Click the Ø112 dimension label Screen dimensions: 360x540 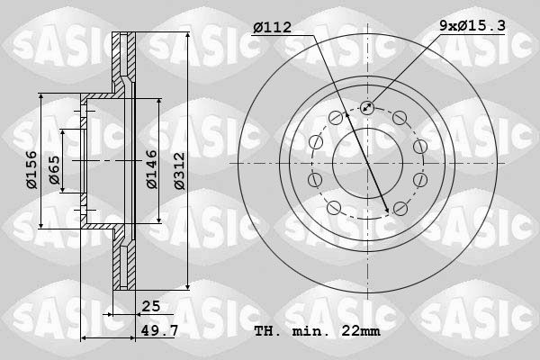click(x=272, y=28)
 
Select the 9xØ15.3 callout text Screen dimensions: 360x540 click(x=472, y=28)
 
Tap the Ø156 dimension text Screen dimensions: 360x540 click(x=30, y=168)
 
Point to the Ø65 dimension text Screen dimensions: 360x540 click(x=54, y=170)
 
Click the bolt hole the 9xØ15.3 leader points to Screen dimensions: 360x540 click(x=366, y=109)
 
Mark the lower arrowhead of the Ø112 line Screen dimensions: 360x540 click(x=387, y=209)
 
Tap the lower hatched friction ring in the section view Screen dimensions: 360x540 click(x=124, y=261)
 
